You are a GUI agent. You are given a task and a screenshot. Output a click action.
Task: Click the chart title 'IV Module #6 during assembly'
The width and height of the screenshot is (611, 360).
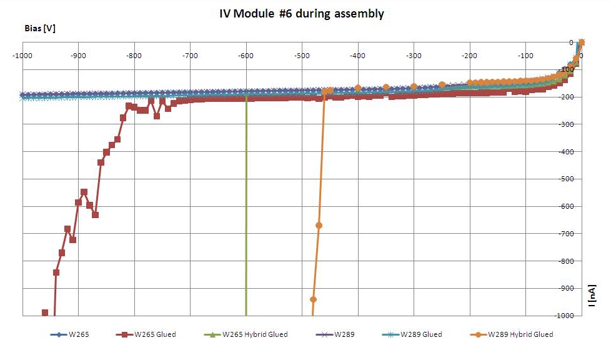point(302,14)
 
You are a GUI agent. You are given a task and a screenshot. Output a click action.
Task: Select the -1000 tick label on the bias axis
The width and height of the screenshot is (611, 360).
point(22,56)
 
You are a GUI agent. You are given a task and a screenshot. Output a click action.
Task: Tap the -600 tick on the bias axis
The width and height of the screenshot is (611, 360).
point(246,56)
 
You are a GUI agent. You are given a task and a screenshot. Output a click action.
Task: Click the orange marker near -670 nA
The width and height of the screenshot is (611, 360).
point(319,225)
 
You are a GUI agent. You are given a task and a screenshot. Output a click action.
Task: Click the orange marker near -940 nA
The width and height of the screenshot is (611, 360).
point(313,299)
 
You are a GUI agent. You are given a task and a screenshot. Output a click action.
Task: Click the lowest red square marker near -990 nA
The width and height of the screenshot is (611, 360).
point(45,312)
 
